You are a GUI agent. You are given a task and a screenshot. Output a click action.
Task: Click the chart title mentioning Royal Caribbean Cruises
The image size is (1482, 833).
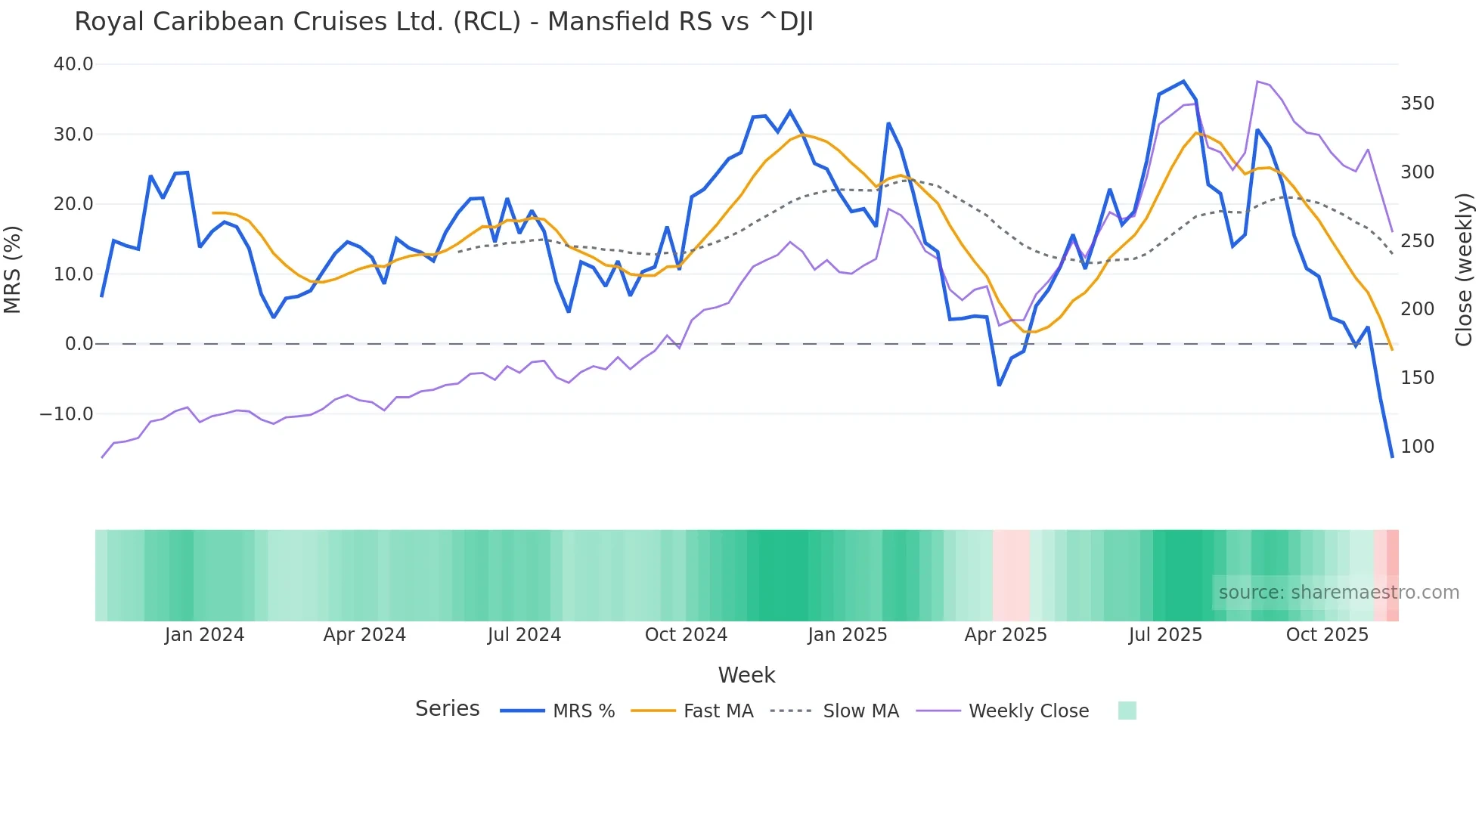pos(444,22)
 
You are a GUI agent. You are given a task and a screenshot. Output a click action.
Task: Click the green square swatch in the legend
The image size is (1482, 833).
pos(1127,711)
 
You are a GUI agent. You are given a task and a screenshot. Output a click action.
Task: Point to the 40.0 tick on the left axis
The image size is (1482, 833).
pos(73,64)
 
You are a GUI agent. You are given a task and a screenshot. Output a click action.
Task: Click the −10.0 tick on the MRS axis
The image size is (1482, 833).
pos(67,414)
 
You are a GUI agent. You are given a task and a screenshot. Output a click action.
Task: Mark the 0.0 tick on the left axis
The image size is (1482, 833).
pos(79,344)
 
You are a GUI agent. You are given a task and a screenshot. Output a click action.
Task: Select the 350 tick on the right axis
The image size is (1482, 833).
pos(1417,104)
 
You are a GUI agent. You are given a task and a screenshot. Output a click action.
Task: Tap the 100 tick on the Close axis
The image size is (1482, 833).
pos(1417,447)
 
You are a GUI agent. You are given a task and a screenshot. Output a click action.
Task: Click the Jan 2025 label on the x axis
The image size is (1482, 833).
pos(847,635)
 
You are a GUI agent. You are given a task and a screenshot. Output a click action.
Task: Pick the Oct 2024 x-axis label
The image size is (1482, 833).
pos(686,635)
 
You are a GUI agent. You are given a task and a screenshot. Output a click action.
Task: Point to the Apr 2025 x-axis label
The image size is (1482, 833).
pos(1006,635)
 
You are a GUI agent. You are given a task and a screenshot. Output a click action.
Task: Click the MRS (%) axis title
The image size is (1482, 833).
pos(13,269)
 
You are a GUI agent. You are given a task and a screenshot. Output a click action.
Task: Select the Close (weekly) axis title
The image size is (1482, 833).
pos(1464,269)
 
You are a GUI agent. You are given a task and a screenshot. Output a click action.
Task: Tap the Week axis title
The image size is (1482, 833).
pos(746,675)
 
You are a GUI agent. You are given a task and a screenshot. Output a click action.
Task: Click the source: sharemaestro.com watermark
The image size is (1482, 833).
pos(1338,593)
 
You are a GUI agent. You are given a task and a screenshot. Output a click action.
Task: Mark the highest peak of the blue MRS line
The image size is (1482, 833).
pos(1183,82)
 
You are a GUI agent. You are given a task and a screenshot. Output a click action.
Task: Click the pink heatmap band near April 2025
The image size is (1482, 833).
pos(1011,575)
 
